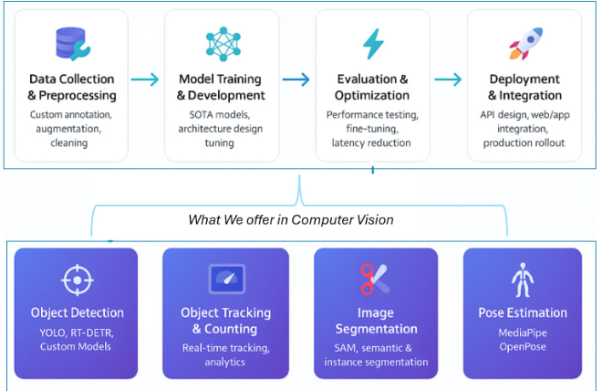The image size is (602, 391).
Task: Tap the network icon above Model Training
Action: tap(222, 44)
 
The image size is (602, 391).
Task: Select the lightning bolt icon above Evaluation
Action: tap(373, 44)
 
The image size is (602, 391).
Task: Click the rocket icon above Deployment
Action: tap(524, 44)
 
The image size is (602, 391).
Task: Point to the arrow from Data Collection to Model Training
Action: tap(145, 79)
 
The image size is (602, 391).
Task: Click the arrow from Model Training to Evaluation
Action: tap(296, 79)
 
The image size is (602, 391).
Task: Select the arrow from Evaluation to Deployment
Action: tap(447, 79)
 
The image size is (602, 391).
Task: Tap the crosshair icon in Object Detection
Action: tap(77, 279)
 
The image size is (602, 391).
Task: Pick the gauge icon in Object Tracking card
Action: tap(224, 278)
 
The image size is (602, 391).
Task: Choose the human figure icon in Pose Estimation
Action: tap(523, 279)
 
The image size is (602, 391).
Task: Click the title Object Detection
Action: tap(77, 313)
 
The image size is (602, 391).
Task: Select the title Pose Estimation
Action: tap(523, 313)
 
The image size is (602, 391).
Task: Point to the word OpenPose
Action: tap(523, 346)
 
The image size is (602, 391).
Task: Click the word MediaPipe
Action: tap(523, 332)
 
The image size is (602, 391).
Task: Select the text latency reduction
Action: tap(372, 143)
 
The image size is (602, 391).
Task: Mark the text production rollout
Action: tap(524, 143)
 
